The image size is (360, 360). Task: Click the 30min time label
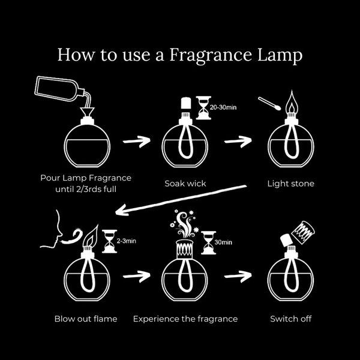[224, 242]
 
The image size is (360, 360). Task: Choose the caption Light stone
[291, 183]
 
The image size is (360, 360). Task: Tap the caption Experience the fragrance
[185, 318]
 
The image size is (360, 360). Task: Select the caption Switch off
[291, 318]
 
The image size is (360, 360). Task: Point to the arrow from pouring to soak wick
[136, 142]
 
